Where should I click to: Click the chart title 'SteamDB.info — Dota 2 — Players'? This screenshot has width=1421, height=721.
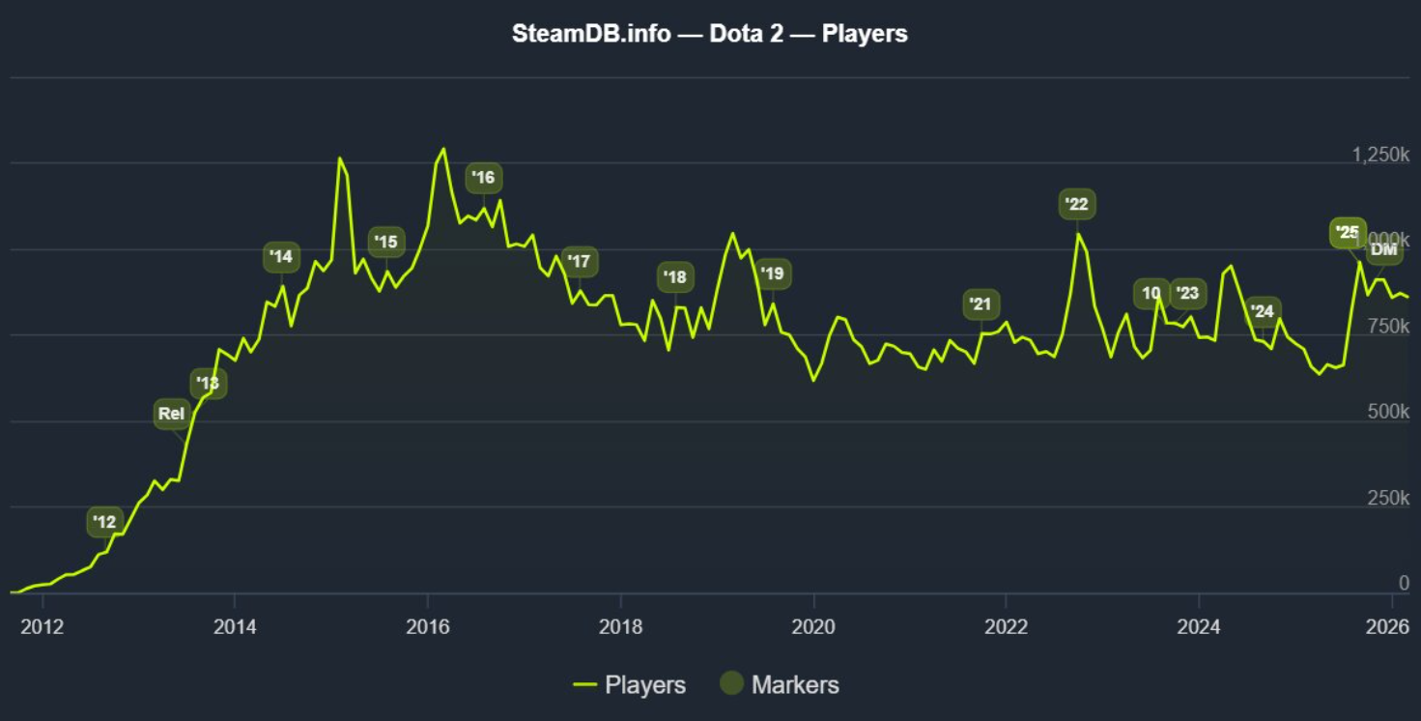tap(710, 34)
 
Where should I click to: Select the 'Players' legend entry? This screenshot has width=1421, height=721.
tap(629, 685)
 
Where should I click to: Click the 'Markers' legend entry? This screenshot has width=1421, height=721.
tap(780, 685)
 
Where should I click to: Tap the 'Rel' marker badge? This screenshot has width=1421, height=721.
tap(172, 415)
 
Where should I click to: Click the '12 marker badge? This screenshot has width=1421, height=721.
tap(104, 523)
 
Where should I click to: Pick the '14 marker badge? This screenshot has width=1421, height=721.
tap(281, 257)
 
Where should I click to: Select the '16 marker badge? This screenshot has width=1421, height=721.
tap(484, 178)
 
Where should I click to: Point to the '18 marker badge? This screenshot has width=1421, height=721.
tap(675, 277)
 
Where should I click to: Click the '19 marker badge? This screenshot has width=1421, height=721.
tap(772, 274)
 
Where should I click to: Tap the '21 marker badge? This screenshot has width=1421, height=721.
tap(980, 304)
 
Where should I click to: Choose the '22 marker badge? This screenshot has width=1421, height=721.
tap(1076, 204)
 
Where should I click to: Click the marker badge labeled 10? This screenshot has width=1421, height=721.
tap(1151, 294)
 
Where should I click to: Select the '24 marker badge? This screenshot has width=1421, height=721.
tap(1263, 311)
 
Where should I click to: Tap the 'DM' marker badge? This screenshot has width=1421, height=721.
tap(1384, 250)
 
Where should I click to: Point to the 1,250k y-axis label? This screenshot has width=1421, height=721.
tap(1380, 155)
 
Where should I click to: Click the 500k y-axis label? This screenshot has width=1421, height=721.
tap(1390, 413)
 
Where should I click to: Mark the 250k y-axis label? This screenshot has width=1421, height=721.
tap(1390, 499)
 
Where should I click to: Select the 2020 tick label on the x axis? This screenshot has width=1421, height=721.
tap(813, 626)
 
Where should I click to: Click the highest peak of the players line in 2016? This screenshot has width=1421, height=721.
tap(443, 149)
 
